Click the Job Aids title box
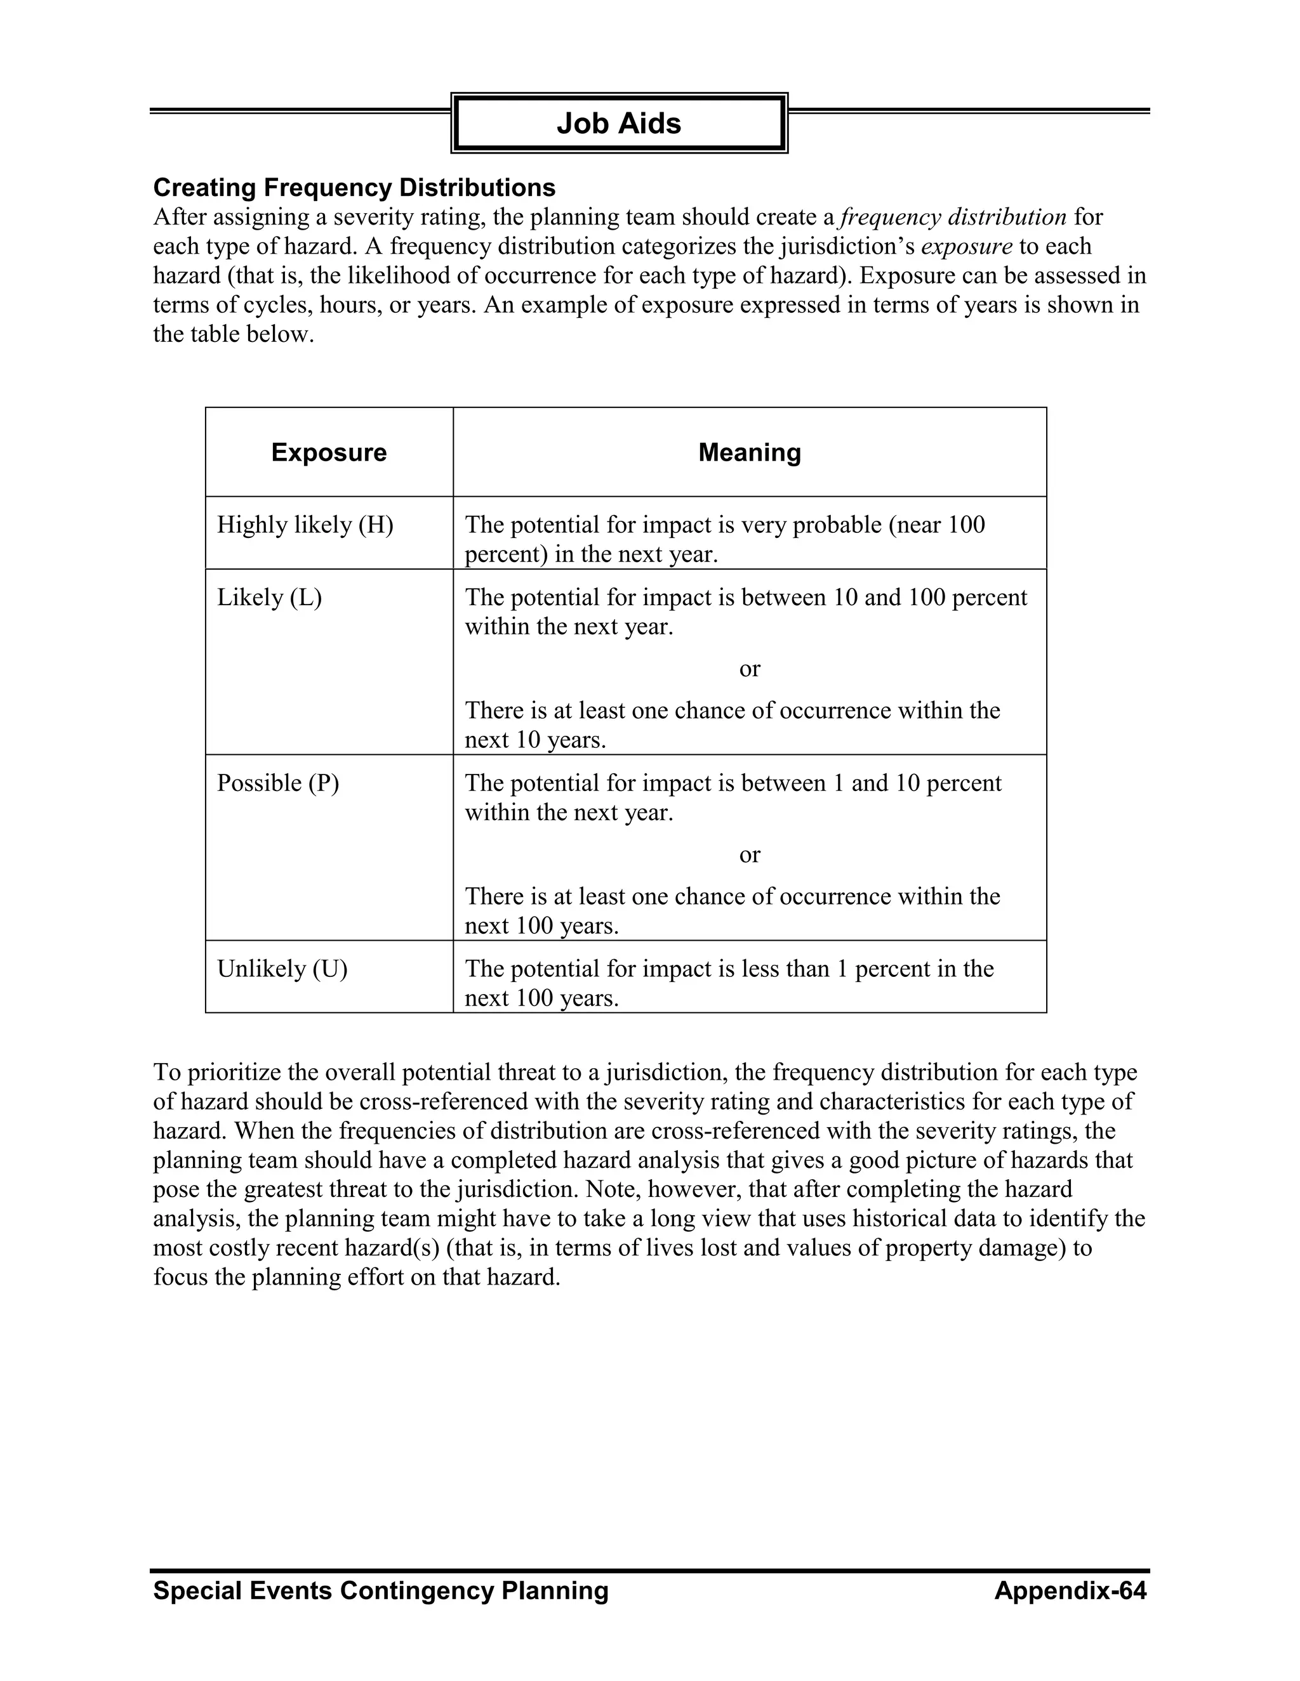[618, 123]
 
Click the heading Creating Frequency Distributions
[354, 187]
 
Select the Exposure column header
[329, 452]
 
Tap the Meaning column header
[750, 452]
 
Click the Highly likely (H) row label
[305, 525]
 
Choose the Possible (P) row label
[278, 783]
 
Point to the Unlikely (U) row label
[282, 968]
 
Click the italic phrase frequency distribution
[953, 217]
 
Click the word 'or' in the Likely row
[750, 669]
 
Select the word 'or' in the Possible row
[750, 854]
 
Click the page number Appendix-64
[1070, 1590]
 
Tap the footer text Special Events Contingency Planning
[380, 1590]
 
